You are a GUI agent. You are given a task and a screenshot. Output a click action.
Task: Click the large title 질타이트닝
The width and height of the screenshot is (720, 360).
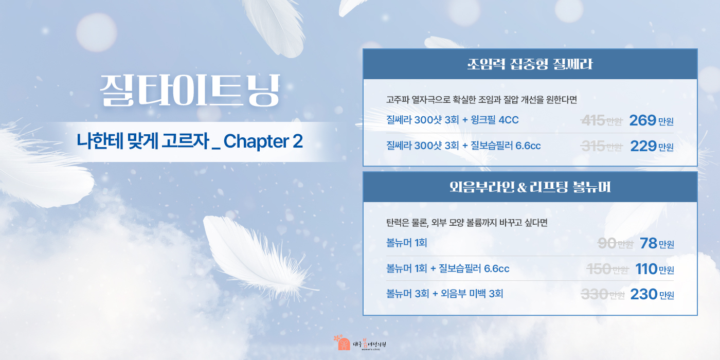pos(190,91)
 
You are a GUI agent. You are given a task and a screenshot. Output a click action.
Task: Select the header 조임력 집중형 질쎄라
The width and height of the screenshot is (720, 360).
pos(530,64)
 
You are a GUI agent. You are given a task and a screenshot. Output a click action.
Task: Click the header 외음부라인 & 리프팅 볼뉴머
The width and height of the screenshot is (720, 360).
pos(530,187)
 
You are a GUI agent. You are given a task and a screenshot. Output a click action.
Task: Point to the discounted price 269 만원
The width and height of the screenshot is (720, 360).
pos(651,121)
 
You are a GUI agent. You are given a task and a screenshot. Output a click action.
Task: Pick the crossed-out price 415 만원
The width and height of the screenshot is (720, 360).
pos(601,121)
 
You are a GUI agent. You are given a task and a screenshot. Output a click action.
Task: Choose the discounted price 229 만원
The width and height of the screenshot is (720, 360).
pos(651,147)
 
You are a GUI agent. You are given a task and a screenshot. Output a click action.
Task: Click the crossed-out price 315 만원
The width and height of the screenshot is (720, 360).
pos(601,147)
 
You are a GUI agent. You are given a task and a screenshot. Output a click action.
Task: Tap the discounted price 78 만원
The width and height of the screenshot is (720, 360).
pos(657,244)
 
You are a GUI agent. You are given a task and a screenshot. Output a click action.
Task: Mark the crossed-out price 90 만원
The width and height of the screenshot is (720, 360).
pos(615,244)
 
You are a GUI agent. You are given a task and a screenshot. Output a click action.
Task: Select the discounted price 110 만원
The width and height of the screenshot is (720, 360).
pos(654,269)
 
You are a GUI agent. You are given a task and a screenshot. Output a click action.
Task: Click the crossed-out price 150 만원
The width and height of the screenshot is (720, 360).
pos(607,269)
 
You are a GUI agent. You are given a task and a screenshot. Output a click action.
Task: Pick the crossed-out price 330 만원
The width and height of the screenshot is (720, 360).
pos(602,294)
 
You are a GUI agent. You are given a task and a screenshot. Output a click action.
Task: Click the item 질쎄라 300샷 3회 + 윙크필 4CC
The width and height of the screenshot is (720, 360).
pos(452,120)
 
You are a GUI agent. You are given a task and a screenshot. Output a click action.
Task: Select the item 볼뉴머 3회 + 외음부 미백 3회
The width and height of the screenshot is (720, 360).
pos(444,294)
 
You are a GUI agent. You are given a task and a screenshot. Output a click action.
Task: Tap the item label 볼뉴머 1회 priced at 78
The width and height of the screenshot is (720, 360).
pos(406,243)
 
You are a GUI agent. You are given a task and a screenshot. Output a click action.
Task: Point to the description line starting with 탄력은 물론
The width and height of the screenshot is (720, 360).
pos(466,223)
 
